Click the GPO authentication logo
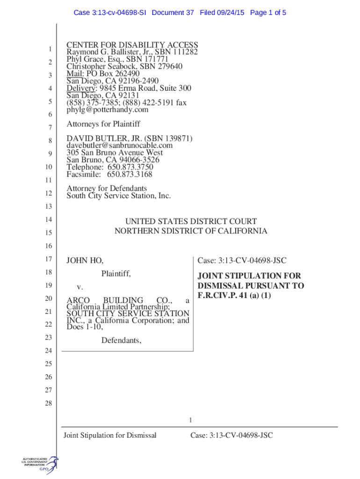[x=40, y=464]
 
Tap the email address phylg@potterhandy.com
[x=107, y=110]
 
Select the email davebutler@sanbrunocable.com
[x=119, y=145]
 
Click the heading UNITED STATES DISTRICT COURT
[x=191, y=221]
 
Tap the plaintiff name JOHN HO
[x=85, y=261]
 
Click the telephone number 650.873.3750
[x=130, y=167]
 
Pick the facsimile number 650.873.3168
[x=130, y=174]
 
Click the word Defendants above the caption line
[x=121, y=341]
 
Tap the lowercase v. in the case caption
[x=80, y=286]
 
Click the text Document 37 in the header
[x=173, y=13]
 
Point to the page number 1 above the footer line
[x=191, y=420]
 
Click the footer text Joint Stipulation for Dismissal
[x=109, y=435]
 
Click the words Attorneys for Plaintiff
[x=103, y=124]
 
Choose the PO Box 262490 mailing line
[x=103, y=73]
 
